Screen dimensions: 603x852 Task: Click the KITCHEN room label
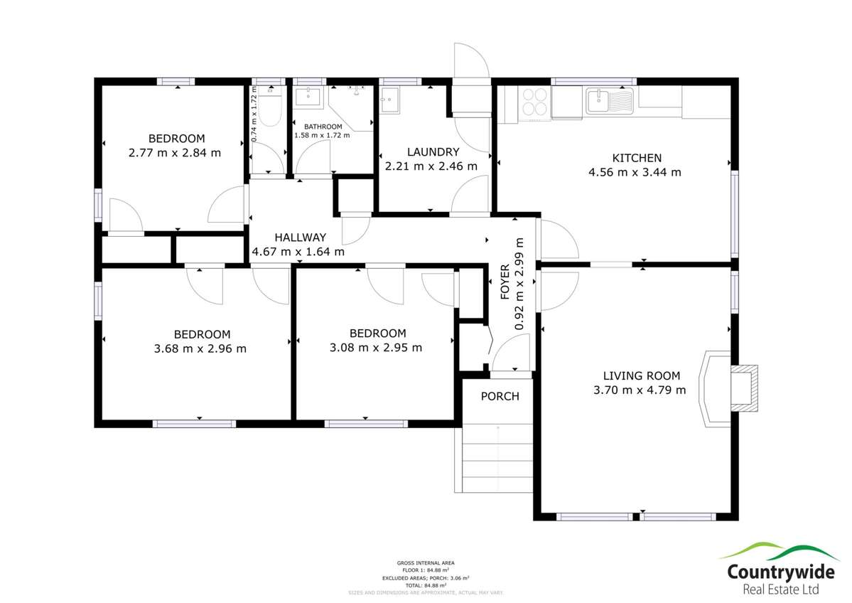click(x=637, y=158)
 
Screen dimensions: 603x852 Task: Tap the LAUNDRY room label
click(x=433, y=151)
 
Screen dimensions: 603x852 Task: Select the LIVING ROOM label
click(x=641, y=375)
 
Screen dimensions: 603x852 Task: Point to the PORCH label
click(x=500, y=396)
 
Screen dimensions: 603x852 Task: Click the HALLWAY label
click(x=300, y=238)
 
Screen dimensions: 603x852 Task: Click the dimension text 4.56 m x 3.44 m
click(x=635, y=172)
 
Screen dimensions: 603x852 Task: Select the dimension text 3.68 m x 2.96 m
click(x=202, y=348)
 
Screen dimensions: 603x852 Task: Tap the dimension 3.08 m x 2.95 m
click(x=377, y=348)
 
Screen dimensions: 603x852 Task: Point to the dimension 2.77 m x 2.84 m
click(x=175, y=152)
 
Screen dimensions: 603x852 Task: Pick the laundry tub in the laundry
click(x=391, y=100)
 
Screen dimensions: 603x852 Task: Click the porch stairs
click(x=497, y=459)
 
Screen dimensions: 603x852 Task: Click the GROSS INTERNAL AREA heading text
click(x=426, y=562)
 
